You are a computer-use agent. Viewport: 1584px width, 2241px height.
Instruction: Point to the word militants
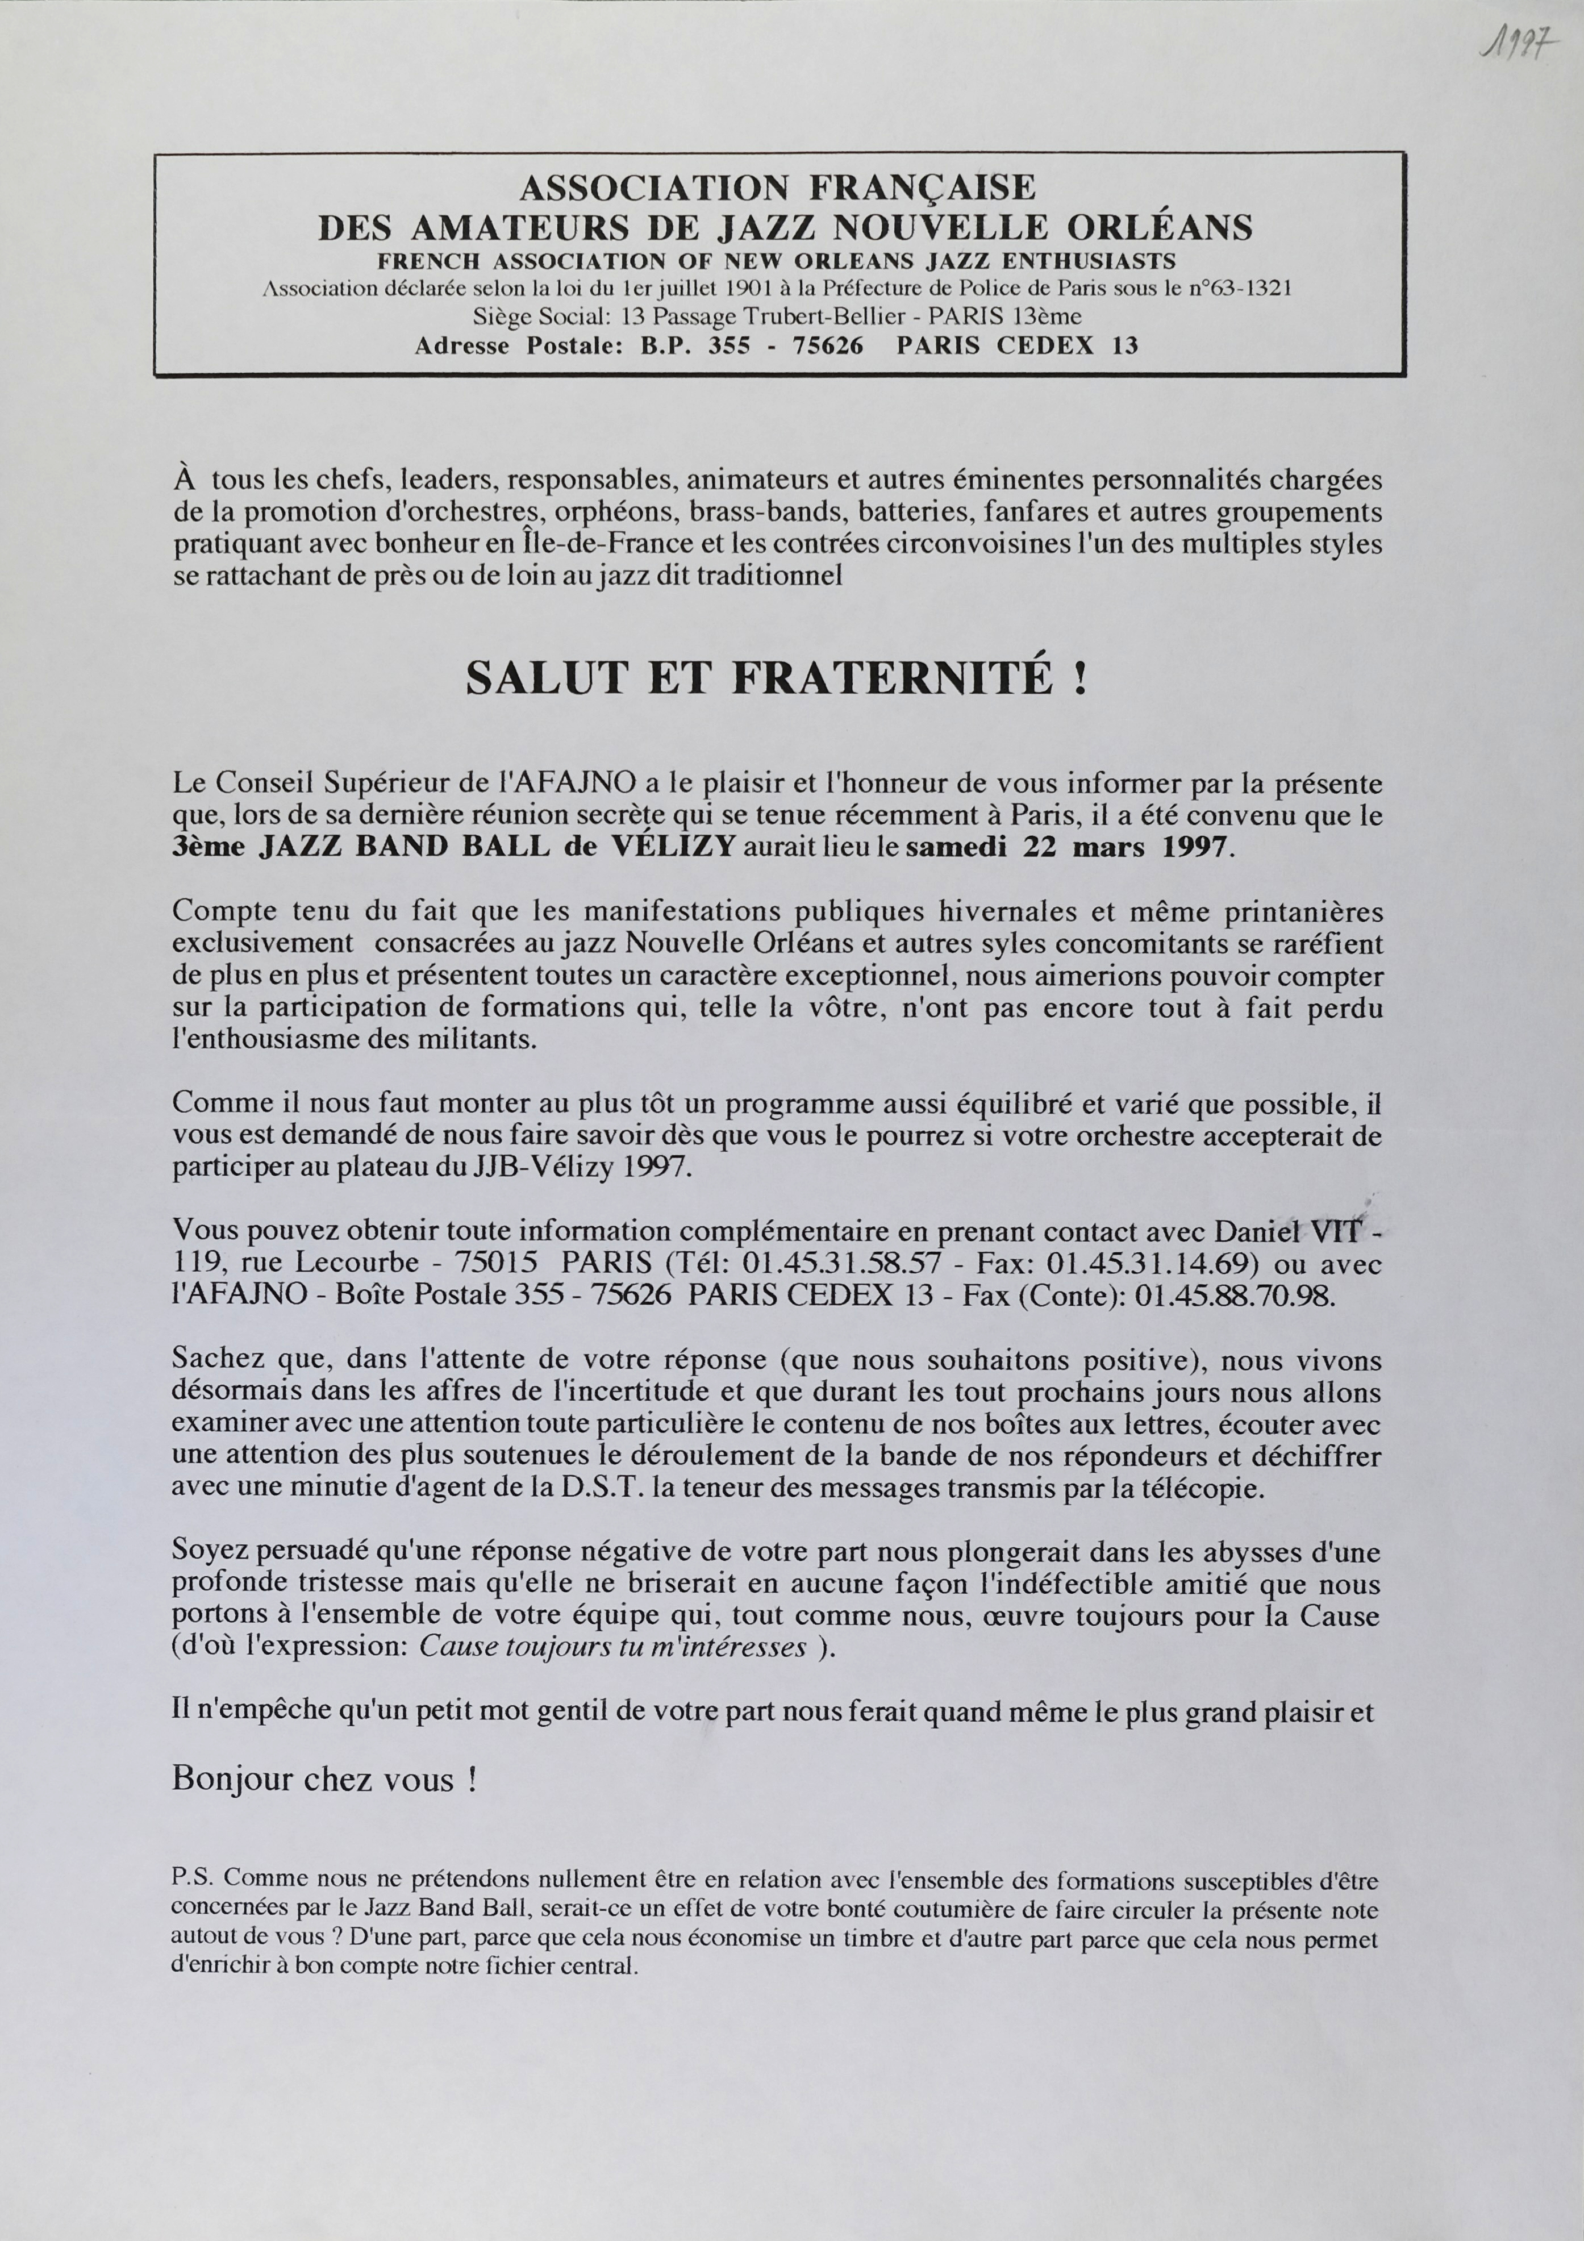click(x=481, y=1039)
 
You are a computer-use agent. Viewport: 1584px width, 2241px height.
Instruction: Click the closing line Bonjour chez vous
click(x=324, y=1778)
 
